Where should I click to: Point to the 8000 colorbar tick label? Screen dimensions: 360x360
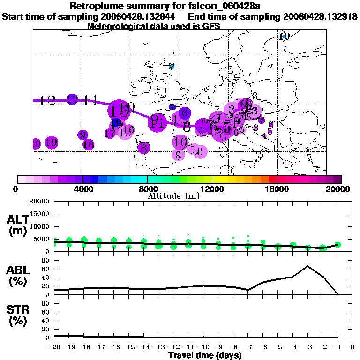click(x=147, y=189)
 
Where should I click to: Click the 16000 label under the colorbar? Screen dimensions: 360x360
click(x=277, y=189)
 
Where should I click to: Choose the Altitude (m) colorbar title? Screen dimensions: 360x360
click(x=173, y=195)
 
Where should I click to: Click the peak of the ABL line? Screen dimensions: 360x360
click(x=307, y=266)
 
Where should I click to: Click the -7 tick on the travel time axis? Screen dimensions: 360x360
click(x=248, y=347)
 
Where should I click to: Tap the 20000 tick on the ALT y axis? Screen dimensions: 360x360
click(x=40, y=202)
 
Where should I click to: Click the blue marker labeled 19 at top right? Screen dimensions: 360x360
click(x=284, y=37)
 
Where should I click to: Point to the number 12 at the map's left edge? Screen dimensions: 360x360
click(x=47, y=100)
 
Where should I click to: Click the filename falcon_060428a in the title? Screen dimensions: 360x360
click(x=237, y=6)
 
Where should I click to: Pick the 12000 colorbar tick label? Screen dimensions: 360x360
click(x=212, y=189)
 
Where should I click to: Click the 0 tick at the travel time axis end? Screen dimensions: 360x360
click(x=352, y=347)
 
